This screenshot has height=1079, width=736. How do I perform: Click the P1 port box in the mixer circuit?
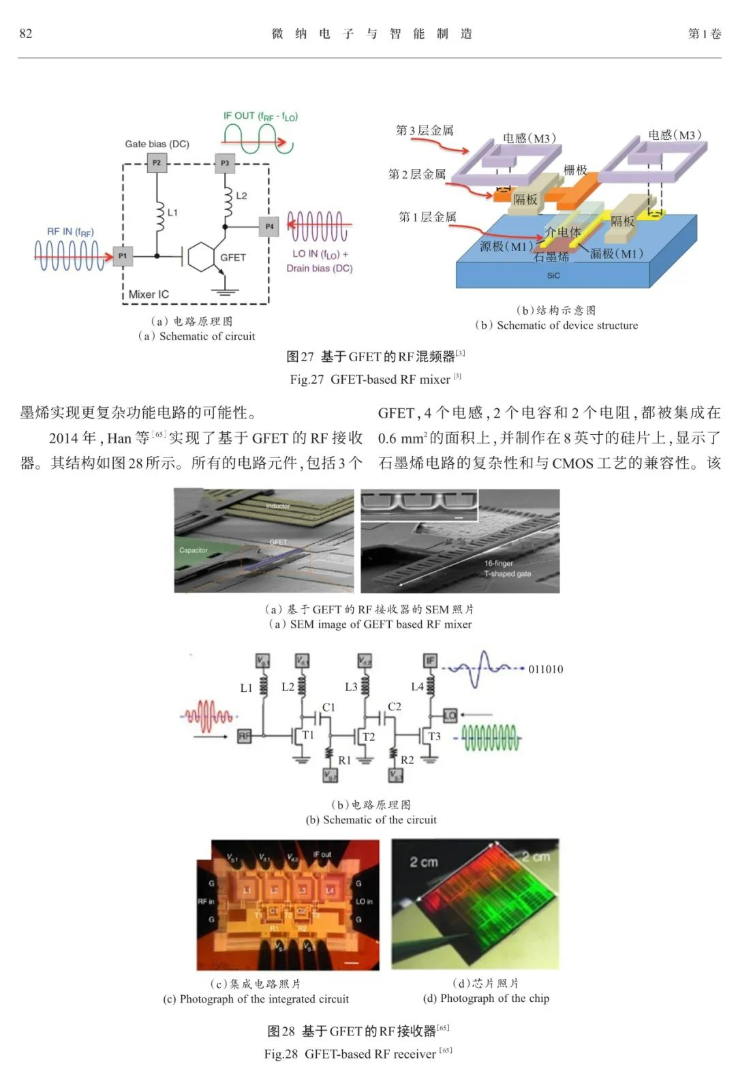[x=123, y=256]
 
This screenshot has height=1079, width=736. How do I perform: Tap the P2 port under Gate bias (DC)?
[x=156, y=163]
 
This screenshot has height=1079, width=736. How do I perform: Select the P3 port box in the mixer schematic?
[x=225, y=163]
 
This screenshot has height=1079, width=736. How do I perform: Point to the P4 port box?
[x=270, y=226]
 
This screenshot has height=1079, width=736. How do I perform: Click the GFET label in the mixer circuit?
[x=233, y=258]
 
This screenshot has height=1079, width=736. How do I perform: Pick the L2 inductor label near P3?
[x=241, y=196]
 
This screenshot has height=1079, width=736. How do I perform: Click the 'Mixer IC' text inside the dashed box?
[x=149, y=294]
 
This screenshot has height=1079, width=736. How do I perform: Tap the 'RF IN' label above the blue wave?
[x=70, y=232]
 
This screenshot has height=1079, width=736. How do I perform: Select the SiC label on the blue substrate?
[x=553, y=275]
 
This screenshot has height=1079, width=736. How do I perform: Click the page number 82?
[x=26, y=33]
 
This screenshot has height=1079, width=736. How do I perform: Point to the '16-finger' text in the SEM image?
[x=499, y=563]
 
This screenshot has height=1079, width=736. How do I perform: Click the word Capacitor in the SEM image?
[x=194, y=550]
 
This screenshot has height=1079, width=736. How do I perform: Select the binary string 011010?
[x=546, y=669]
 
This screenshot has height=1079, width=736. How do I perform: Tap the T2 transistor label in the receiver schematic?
[x=369, y=737]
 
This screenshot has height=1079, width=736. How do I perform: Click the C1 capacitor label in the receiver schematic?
[x=328, y=708]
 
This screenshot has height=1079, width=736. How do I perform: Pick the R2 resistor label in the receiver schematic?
[x=407, y=759]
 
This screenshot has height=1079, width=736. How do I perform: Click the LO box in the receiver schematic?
[x=450, y=715]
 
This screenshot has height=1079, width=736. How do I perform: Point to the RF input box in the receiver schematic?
[x=244, y=736]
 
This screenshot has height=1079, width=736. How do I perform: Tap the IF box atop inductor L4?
[x=430, y=660]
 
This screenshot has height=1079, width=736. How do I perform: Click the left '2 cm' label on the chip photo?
[x=423, y=862]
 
